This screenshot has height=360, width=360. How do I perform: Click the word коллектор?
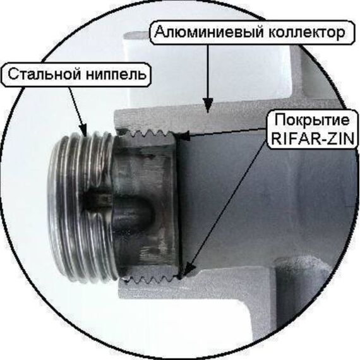307,33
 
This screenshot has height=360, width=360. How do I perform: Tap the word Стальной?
44,74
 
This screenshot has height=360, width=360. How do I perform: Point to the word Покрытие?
312,120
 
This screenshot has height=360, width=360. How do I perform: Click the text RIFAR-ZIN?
313,138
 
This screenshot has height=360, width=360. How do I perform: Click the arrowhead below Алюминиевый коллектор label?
208,105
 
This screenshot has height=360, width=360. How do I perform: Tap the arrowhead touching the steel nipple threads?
83,130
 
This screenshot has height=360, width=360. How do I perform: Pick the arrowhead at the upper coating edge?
184,136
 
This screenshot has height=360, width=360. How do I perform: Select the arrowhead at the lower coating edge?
189,270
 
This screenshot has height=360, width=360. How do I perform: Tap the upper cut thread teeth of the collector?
147,133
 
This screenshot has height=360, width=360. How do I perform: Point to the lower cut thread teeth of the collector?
150,279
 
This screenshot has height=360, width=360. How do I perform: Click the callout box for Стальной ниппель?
76,75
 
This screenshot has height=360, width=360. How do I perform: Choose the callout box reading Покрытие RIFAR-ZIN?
313,129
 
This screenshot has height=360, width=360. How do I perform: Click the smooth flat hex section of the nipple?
145,202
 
